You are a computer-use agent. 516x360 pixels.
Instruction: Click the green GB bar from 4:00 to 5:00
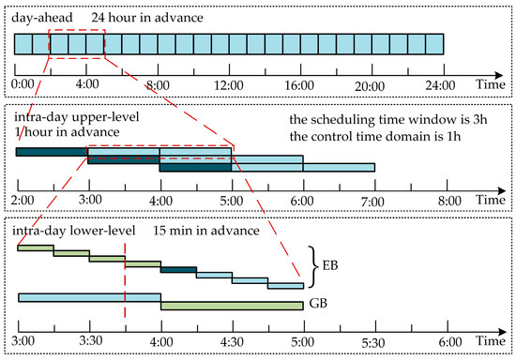(232, 305)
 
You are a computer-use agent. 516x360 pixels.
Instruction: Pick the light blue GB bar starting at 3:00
(89, 297)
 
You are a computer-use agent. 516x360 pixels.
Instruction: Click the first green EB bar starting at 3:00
(35, 247)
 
